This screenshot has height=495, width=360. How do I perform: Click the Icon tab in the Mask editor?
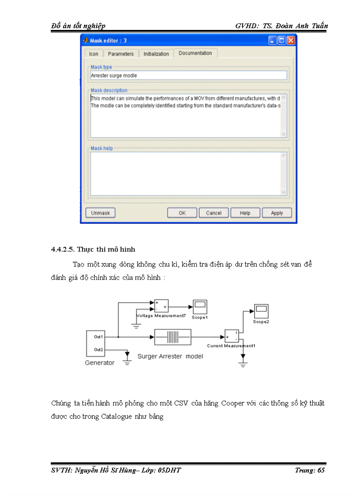click(x=94, y=54)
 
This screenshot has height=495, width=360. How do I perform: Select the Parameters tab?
click(x=120, y=54)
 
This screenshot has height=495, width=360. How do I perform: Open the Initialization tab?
click(x=156, y=54)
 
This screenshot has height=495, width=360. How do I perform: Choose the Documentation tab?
click(x=195, y=53)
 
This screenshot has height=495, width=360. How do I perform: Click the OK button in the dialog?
click(x=182, y=213)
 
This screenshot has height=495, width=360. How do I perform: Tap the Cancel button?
click(x=214, y=213)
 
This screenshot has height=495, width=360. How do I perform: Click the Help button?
click(x=245, y=213)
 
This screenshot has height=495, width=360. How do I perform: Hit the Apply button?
click(x=277, y=213)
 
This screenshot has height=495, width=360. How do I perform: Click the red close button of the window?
click(x=290, y=41)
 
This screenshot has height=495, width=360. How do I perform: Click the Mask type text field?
click(x=188, y=75)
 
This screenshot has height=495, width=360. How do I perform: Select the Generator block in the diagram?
click(x=95, y=343)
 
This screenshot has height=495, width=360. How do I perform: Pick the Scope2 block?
click(x=261, y=311)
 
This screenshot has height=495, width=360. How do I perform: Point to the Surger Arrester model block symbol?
click(x=172, y=338)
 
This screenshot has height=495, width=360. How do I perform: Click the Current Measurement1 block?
click(x=232, y=336)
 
